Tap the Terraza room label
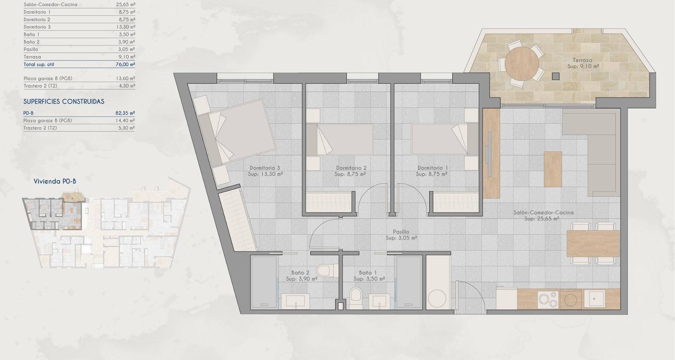pos(583,60)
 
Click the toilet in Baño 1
pos(356,298)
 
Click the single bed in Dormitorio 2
pos(340,139)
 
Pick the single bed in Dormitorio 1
pos(445,139)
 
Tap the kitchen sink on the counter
pos(594,299)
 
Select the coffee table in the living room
pos(553,169)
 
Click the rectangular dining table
pos(593,243)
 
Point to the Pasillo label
pos(401,232)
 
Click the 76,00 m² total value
pos(125,64)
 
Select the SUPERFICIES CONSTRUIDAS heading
pos(64,102)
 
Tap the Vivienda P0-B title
pos(55,181)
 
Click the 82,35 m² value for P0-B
pos(125,113)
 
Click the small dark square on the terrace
pos(555,76)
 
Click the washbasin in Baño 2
pos(295,301)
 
